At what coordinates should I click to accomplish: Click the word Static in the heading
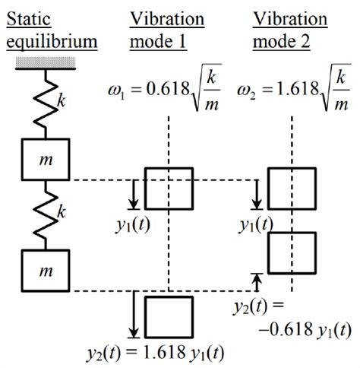[29, 19]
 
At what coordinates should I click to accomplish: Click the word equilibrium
[52, 42]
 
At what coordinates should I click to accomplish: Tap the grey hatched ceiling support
[46, 62]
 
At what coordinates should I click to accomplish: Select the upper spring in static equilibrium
[46, 104]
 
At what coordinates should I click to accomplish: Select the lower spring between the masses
[46, 215]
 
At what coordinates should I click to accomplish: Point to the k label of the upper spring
[62, 100]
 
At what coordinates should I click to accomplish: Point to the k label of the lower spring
[62, 211]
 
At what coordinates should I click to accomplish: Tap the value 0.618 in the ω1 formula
[168, 89]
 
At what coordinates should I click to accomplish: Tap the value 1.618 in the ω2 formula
[298, 89]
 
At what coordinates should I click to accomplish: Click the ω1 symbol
[116, 91]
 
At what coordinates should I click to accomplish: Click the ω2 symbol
[246, 91]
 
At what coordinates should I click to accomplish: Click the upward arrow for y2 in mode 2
[257, 283]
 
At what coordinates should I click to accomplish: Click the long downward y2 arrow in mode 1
[134, 315]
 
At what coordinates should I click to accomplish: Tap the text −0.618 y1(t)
[305, 330]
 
